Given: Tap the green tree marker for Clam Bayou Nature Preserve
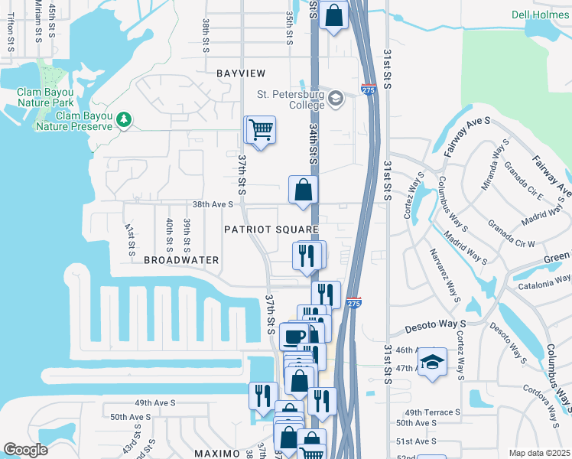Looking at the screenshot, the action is tap(123, 119).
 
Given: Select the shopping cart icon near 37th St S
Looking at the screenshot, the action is tap(261, 130).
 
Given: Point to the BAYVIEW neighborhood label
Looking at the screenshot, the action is tap(240, 73).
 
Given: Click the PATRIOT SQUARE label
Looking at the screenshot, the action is tap(271, 229).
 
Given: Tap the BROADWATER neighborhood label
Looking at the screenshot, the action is tap(181, 260).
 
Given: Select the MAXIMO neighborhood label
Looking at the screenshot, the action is tap(216, 453).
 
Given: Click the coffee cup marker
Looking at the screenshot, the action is tap(294, 336).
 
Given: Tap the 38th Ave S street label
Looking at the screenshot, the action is tap(212, 205).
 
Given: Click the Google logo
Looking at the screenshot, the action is tap(26, 450).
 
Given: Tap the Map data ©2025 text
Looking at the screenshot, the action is tap(539, 453).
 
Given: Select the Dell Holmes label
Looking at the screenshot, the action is tap(541, 15).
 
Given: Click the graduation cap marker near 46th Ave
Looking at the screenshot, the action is tap(432, 362).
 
